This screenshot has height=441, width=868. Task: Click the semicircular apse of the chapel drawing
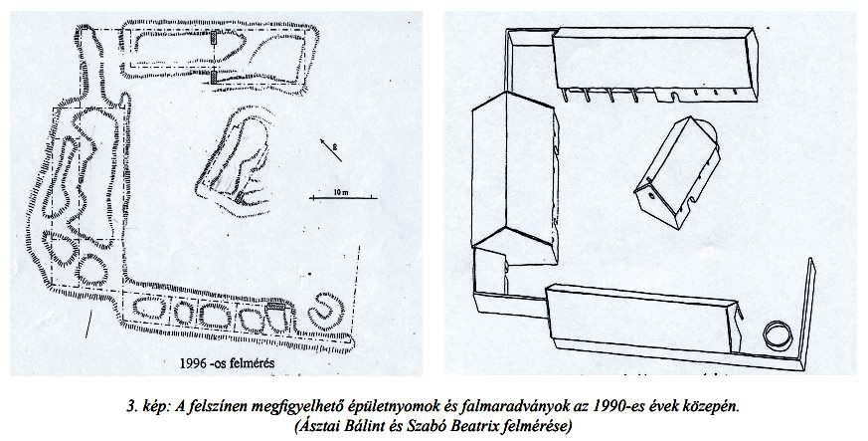tap(709, 130)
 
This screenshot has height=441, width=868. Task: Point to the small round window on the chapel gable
tap(651, 194)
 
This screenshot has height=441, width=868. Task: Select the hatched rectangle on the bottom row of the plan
tap(275, 306)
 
